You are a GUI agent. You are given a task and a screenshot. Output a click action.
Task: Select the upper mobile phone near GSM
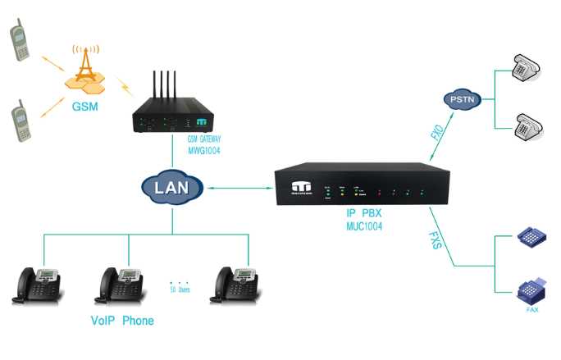20,41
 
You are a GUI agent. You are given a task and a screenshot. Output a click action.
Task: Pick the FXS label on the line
437,241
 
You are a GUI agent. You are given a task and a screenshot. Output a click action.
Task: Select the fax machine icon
528,290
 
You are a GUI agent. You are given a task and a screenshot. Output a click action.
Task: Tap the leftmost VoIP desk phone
36,283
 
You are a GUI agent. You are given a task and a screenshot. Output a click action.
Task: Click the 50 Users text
179,290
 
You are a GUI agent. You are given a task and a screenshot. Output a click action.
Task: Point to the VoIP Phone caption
121,320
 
